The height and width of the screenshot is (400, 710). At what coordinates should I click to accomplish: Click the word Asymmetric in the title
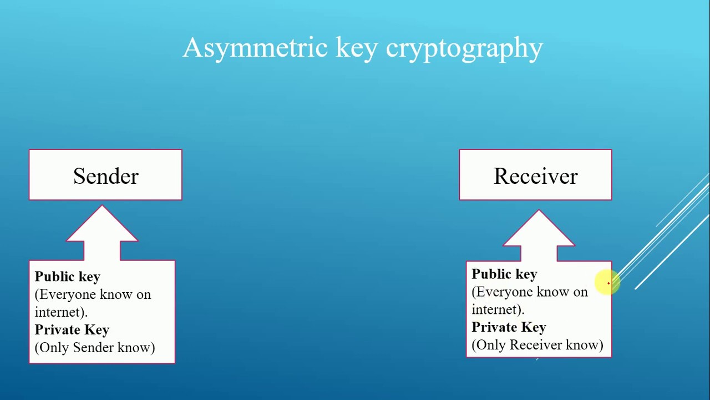point(255,48)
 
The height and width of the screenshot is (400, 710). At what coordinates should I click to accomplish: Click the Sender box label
point(106,176)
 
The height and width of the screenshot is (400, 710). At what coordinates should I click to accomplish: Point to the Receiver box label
point(536,176)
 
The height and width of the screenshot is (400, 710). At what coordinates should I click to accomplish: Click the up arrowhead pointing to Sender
point(102,223)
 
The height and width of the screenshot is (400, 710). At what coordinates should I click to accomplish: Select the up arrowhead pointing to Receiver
point(539,228)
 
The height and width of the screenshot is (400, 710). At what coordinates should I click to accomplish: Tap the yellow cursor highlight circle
point(607,282)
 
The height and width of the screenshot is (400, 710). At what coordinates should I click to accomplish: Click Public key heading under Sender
point(68,277)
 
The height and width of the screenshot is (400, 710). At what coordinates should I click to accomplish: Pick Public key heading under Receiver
point(504,274)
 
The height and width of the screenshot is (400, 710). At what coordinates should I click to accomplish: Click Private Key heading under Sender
point(72,330)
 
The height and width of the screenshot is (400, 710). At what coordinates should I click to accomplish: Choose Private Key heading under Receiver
point(509,327)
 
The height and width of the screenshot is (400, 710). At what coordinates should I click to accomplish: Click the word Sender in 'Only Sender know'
point(93,347)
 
